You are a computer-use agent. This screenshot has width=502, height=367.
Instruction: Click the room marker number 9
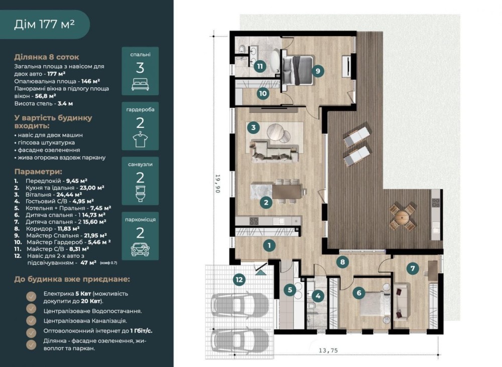(318, 71)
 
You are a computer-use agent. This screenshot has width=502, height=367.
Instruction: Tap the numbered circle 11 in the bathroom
(260, 67)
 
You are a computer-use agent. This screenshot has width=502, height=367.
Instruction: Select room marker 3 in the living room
(253, 128)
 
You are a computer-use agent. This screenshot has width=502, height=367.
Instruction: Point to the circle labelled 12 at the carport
(239, 280)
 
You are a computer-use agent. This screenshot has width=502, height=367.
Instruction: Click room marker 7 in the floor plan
(412, 269)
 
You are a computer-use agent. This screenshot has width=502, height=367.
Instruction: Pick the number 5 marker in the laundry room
(290, 290)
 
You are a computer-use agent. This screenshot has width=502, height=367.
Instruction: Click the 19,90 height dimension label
(218, 183)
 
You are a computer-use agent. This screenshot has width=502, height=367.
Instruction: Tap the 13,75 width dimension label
(328, 350)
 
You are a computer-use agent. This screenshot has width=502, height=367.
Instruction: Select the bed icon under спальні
(140, 84)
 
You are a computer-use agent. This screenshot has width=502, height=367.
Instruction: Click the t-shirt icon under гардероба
(140, 140)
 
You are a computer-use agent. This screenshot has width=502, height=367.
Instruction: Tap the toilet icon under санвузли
(140, 194)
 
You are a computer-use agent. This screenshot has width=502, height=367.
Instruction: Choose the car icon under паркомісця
(140, 249)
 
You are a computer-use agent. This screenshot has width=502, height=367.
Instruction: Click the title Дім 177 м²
(45, 24)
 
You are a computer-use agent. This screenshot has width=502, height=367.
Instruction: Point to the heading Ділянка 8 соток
(46, 57)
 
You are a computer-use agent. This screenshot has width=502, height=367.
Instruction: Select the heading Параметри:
(38, 171)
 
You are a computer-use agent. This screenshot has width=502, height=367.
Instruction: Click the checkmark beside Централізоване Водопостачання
(31, 308)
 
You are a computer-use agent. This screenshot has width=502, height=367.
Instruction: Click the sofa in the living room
(275, 151)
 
